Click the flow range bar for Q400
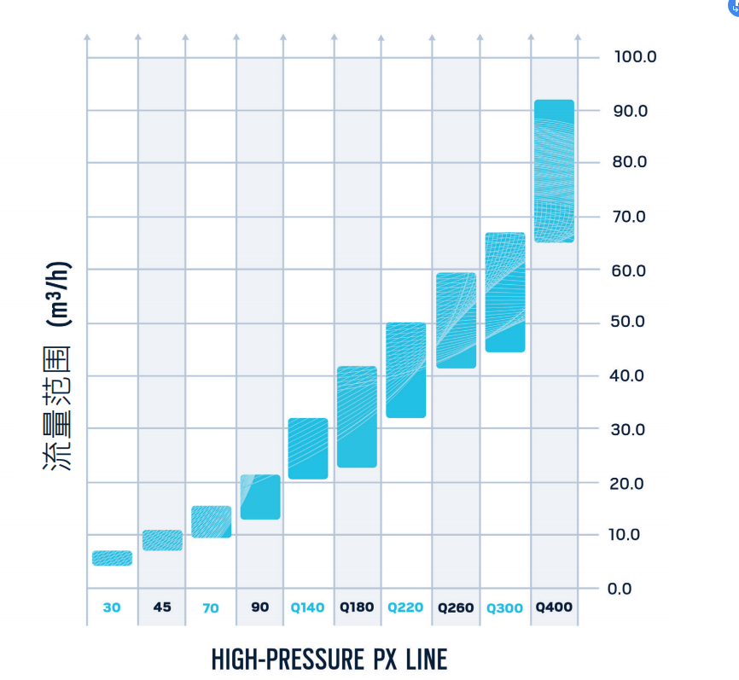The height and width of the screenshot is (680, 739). [554, 171]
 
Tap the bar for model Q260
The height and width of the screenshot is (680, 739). [456, 320]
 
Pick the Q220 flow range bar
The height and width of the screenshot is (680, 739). [406, 369]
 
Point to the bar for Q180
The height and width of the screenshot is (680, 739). [357, 416]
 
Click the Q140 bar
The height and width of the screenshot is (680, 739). [308, 448]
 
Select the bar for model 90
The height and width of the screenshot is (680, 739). [259, 497]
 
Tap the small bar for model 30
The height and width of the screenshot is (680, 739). [112, 558]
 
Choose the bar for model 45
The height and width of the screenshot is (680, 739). [162, 540]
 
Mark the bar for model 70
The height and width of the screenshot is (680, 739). [211, 521]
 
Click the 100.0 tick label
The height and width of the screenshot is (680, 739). [635, 57]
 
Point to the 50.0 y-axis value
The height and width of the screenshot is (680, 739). [631, 323]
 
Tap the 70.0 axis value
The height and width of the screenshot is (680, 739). [631, 217]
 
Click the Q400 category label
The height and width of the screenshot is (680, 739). [554, 607]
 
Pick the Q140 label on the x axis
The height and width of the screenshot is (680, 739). [308, 608]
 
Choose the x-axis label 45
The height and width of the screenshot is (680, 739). [162, 607]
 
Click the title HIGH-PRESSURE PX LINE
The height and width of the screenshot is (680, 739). [329, 659]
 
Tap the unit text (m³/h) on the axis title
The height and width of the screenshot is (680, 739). [57, 294]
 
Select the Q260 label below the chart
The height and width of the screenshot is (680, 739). [456, 608]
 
